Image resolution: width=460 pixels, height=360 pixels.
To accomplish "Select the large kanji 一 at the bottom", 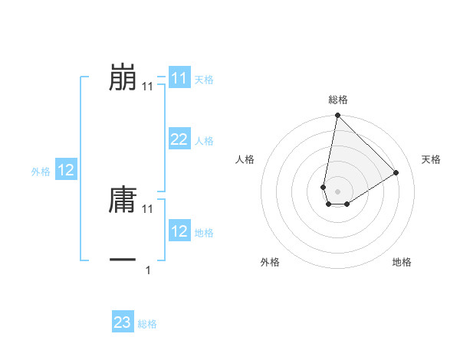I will click(123, 260).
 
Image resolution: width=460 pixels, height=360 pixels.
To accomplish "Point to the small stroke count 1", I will click(148, 270).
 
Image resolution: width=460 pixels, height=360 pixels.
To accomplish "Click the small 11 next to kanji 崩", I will click(148, 87).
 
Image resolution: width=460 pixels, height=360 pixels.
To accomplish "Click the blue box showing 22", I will click(179, 139).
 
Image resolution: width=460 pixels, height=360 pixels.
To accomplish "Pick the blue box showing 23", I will click(123, 322).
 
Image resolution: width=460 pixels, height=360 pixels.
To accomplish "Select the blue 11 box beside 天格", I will click(179, 78).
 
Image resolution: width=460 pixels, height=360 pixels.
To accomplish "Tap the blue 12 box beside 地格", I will click(179, 231).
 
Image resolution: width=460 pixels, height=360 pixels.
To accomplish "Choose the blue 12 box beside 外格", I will click(66, 170).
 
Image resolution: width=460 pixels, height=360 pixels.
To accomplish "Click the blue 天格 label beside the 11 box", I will click(204, 80).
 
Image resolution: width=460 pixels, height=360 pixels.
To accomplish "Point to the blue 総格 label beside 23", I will click(148, 324).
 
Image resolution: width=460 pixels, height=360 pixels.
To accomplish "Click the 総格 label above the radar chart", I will click(338, 100).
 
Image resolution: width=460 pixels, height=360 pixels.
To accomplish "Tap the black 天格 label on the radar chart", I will click(431, 159).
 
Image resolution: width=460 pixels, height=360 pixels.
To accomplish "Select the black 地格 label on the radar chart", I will click(402, 262).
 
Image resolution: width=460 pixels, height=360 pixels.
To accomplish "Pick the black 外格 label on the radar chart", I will click(270, 262).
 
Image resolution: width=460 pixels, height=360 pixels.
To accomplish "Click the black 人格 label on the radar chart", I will click(245, 159).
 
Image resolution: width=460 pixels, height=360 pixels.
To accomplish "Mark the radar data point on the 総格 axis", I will click(337, 116).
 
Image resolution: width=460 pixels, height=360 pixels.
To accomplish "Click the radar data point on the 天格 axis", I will click(396, 172).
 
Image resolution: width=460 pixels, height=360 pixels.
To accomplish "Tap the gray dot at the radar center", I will click(337, 191).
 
